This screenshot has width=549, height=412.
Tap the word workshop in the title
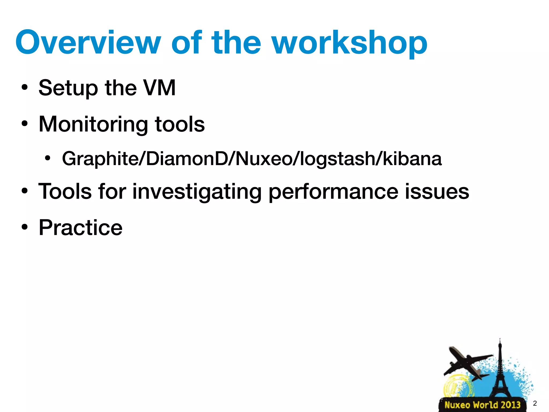(x=350, y=43)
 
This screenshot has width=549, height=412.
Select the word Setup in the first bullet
(x=68, y=88)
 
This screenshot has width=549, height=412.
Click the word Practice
(x=80, y=228)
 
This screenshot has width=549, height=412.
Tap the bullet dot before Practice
(x=25, y=228)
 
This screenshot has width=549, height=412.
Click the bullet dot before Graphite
(x=47, y=158)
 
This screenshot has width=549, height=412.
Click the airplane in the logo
(x=465, y=362)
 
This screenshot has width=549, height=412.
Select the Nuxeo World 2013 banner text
(x=482, y=405)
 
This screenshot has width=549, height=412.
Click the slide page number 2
(x=535, y=403)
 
